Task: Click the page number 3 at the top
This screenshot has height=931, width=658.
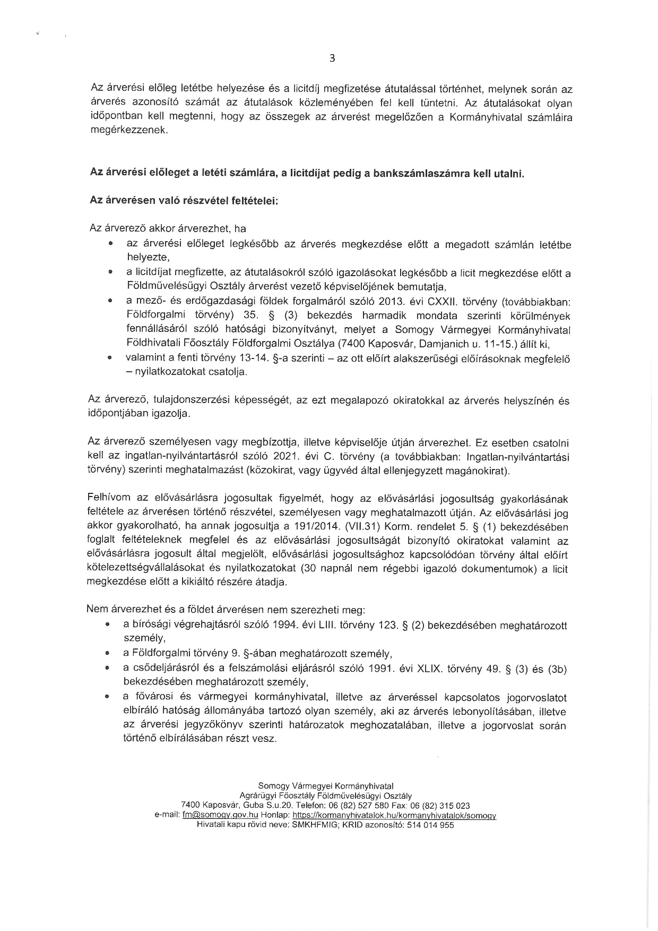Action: click(x=332, y=58)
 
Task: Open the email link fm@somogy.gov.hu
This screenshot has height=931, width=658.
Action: click(x=220, y=814)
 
